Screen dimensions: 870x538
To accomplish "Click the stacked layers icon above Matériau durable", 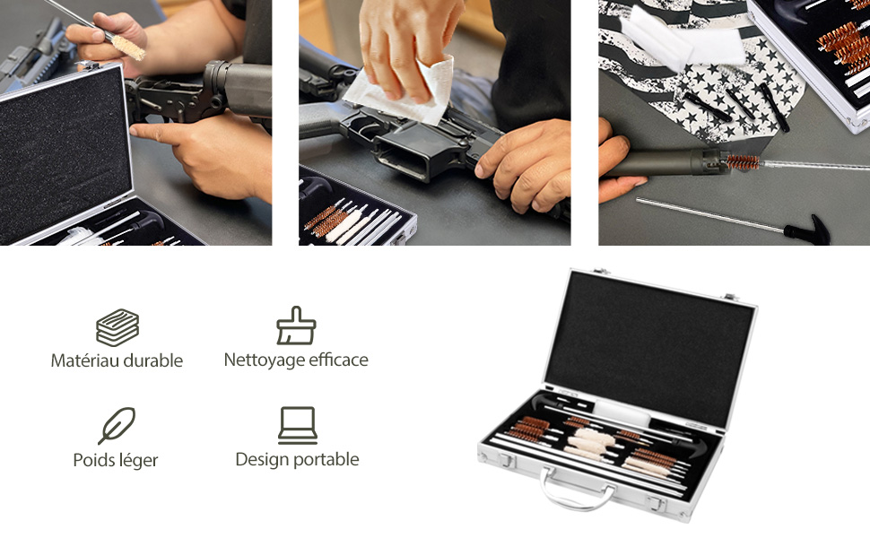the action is point(117,327).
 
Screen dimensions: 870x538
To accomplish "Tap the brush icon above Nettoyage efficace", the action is point(296,325).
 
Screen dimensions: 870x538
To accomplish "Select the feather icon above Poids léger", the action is point(117,425).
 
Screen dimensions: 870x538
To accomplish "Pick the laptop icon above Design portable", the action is point(298,425).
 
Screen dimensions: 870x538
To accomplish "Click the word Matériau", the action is point(85,360).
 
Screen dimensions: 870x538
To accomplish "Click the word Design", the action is point(263,460).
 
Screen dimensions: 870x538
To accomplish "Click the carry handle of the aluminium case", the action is point(578,489).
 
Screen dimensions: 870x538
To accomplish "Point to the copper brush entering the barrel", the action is point(743,162).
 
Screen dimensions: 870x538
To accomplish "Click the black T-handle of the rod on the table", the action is point(807,229).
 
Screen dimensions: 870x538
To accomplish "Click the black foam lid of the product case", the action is point(649,345).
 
